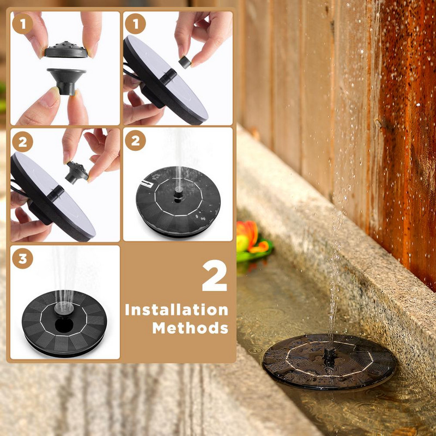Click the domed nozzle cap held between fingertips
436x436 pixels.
pos(66,50)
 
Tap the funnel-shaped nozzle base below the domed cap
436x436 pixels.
pos(66,81)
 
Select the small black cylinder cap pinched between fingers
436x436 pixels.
pos(185,62)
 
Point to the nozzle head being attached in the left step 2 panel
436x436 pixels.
pos(77,173)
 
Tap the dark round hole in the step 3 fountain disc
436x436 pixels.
pos(64,325)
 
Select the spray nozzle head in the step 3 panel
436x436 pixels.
pos(64,308)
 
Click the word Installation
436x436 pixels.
pos(177,310)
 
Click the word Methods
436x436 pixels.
pos(190,328)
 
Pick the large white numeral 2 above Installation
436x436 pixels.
pos(215,276)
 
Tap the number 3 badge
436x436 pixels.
pos(22,258)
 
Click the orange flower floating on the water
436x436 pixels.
pos(252,237)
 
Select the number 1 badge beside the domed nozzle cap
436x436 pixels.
pos(22,24)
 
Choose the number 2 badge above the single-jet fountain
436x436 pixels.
pos(135,141)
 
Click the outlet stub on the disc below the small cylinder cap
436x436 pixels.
pos(168,76)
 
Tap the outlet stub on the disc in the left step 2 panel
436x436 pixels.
pos(56,193)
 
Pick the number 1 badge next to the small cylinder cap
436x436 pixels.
pos(135,24)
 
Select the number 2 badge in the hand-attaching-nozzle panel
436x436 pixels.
pos(22,142)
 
